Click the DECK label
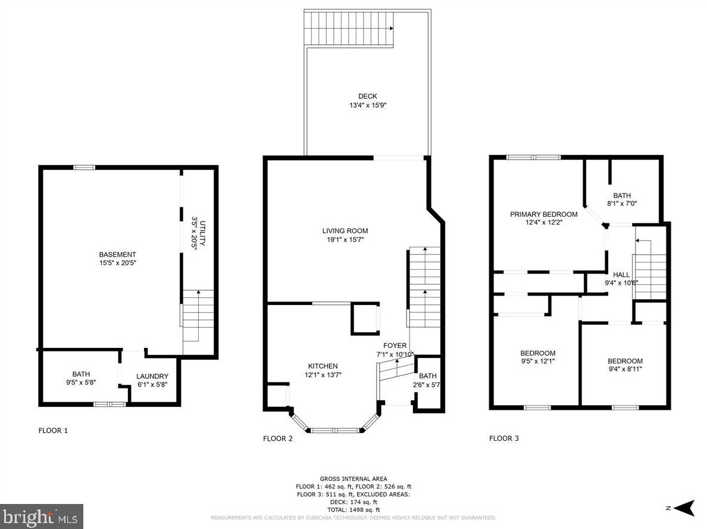367,96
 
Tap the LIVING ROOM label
345,231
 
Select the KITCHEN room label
323,366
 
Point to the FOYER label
395,346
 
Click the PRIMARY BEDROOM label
544,214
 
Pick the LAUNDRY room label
152,376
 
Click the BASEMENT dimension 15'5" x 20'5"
118,263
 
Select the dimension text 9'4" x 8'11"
625,369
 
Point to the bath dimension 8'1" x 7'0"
622,204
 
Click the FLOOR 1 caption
53,430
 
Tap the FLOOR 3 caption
504,438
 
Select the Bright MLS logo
42,516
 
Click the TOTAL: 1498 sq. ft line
353,509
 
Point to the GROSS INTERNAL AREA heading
353,479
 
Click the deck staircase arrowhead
392,29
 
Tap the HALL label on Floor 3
621,275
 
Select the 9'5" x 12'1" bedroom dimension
538,361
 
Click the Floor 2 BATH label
428,376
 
